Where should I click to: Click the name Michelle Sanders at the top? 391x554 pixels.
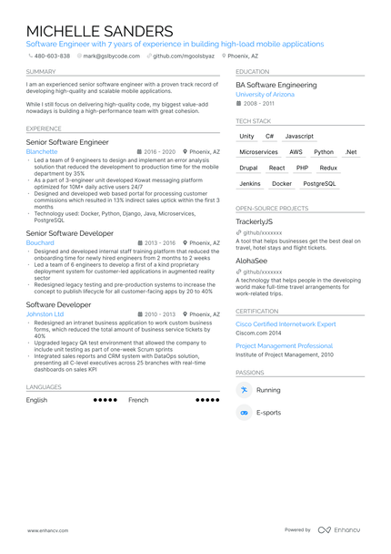coord(99,31)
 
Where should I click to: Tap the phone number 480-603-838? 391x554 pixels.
coord(51,56)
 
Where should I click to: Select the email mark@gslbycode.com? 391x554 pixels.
coord(112,56)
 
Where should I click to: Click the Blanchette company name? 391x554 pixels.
coord(42,152)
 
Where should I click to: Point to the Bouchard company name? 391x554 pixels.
coord(40,243)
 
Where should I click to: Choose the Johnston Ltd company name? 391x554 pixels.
coord(45,313)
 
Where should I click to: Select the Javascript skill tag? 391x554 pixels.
coord(299,136)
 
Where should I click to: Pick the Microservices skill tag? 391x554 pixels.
coord(258,152)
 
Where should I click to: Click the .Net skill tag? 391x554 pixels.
coord(351,152)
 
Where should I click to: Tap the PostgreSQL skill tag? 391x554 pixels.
coord(319,183)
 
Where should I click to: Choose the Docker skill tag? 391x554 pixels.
coord(282,183)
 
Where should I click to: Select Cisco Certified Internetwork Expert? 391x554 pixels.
coord(286,323)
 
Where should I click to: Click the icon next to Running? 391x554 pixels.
coord(244,390)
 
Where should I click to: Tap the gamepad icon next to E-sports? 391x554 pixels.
coord(244,413)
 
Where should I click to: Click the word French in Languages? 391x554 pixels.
coord(138,400)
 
